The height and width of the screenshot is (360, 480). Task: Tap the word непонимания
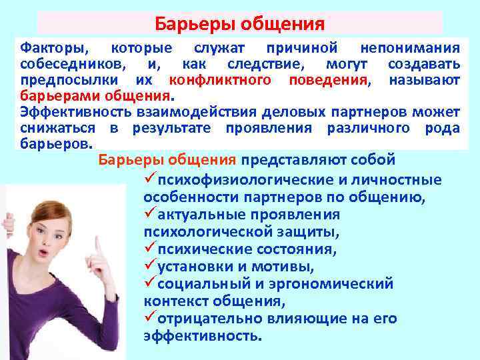click(409, 48)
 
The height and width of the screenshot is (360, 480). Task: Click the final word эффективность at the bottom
click(202, 336)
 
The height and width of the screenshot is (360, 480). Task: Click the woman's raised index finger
click(98, 245)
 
